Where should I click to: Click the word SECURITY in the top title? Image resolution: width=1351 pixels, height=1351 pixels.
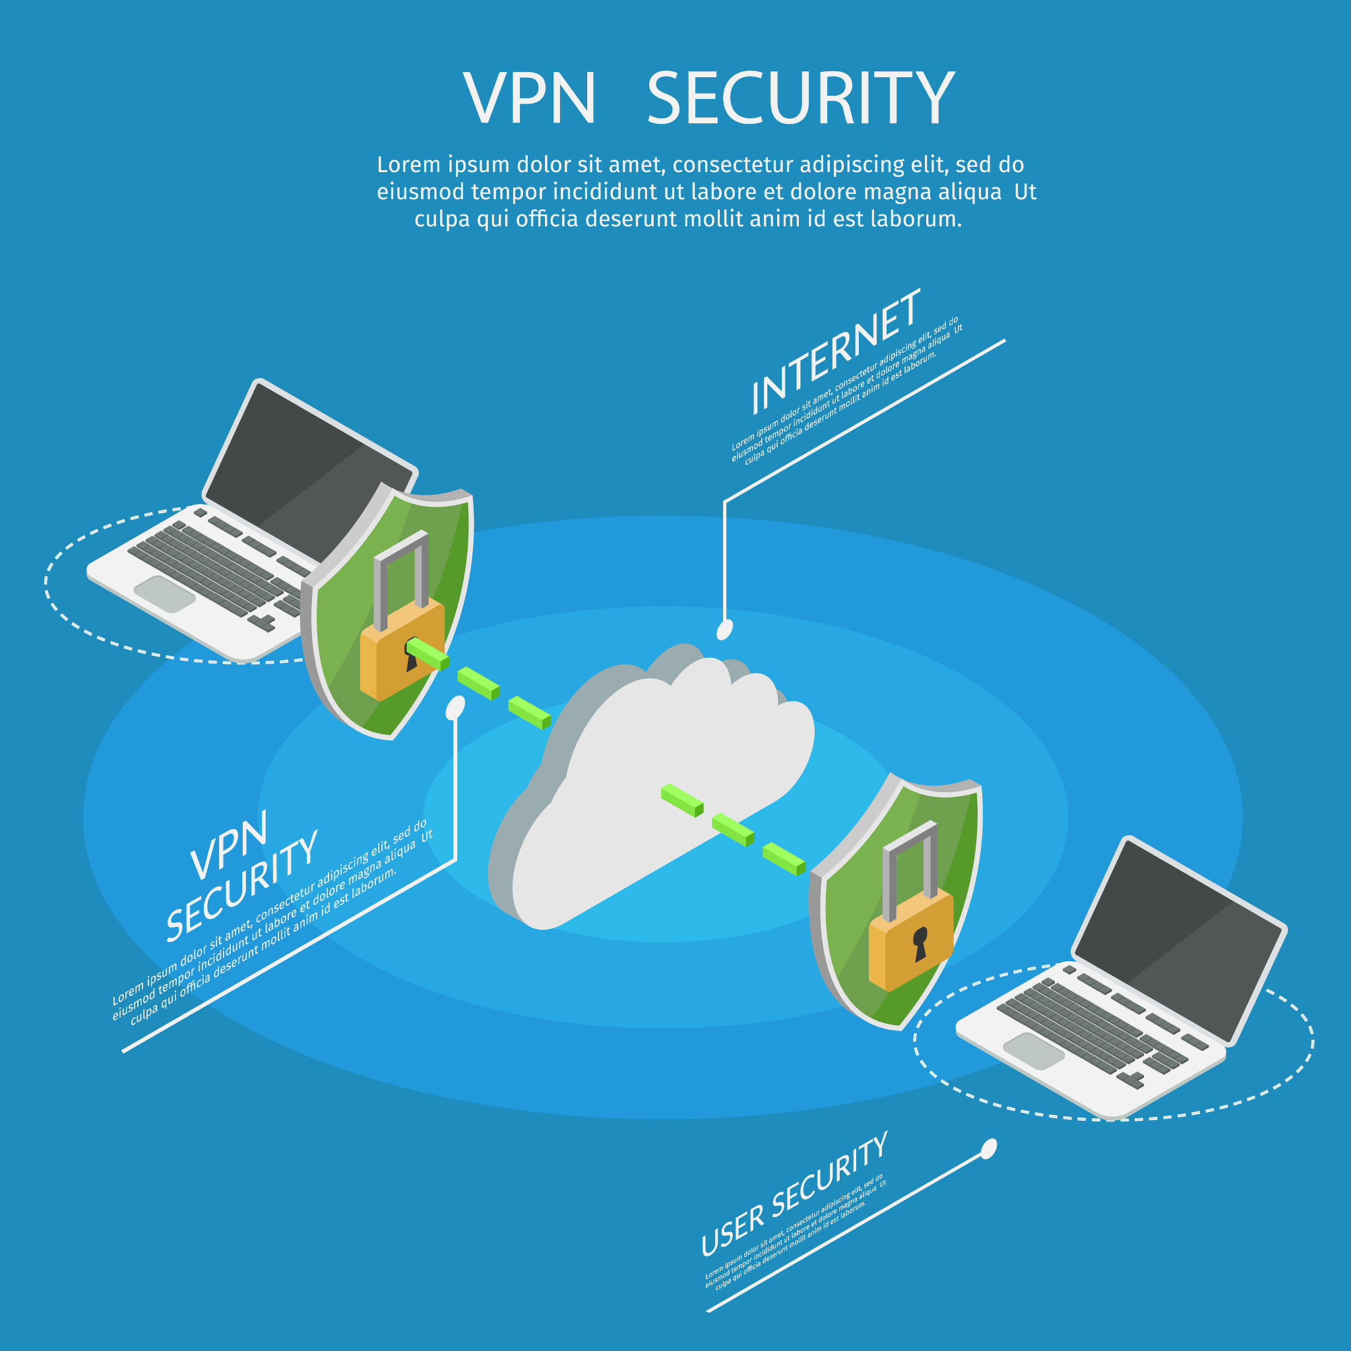coord(801,98)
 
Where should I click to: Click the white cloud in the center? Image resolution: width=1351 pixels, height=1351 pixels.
coord(657,783)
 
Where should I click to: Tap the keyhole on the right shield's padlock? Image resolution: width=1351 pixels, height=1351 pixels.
coord(920,943)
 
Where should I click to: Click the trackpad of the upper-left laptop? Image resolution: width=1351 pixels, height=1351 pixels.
coord(164,594)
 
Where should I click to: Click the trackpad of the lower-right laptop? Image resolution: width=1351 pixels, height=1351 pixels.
coord(1034,1051)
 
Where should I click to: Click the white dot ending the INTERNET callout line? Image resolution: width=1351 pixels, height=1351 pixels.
coord(725,629)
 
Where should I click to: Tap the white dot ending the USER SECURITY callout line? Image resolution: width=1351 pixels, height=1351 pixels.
coord(989,1148)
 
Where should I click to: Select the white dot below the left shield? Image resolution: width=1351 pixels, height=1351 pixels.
coord(455,707)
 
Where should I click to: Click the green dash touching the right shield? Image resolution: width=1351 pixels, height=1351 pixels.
coord(784,860)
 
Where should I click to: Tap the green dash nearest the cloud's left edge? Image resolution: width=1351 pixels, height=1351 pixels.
coord(529,712)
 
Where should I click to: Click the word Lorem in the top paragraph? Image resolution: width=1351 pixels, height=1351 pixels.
coord(409,165)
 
